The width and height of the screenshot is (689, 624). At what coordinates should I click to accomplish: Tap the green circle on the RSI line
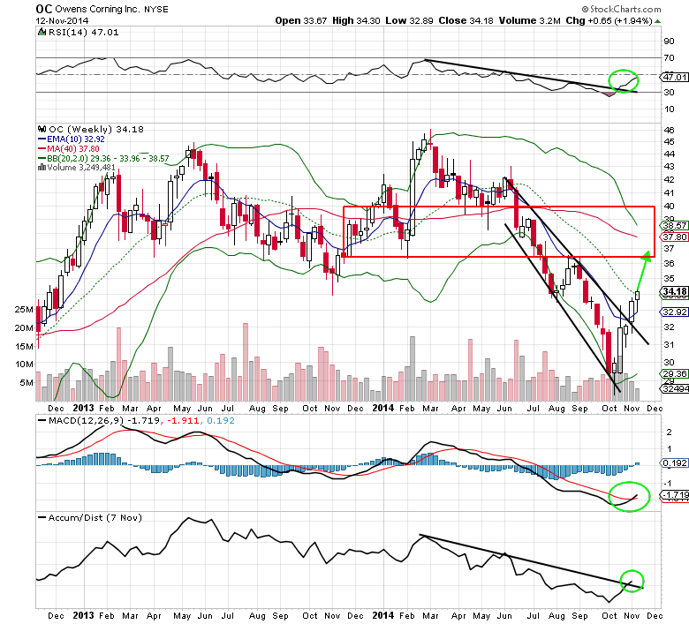625,80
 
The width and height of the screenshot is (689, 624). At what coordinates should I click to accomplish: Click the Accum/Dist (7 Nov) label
79,516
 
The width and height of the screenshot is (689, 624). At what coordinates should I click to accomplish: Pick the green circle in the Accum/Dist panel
632,582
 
